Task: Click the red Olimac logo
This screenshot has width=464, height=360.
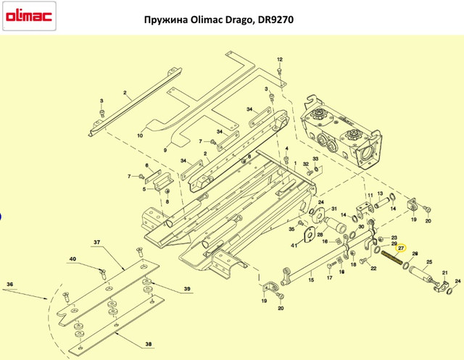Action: [29, 16]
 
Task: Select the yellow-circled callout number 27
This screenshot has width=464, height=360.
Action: [401, 248]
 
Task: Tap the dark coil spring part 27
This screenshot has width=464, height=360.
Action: [391, 258]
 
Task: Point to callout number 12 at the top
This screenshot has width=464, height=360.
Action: [280, 59]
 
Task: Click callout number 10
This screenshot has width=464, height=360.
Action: [140, 135]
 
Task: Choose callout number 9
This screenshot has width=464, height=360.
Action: [165, 151]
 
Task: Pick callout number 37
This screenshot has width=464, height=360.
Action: [96, 243]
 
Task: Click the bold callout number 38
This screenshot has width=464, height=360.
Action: [149, 344]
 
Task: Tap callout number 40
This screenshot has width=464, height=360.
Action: [72, 259]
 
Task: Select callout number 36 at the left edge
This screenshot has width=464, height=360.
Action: [9, 285]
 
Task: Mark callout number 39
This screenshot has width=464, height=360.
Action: [187, 289]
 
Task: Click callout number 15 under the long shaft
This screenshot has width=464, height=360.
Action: [311, 280]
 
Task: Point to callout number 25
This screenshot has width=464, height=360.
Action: [429, 262]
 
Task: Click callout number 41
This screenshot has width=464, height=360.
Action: [294, 246]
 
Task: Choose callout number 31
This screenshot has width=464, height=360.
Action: [333, 209]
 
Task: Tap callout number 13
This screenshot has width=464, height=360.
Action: [380, 193]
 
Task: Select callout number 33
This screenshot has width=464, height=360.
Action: [315, 159]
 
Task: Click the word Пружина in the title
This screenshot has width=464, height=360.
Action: [166, 20]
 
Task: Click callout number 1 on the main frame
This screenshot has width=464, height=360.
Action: [295, 163]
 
